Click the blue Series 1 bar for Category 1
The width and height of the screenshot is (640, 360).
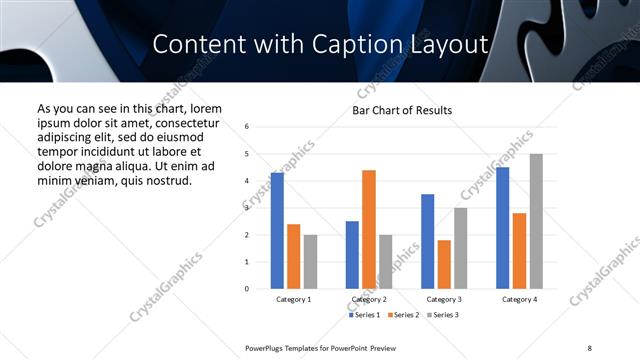pyautogui.click(x=277, y=231)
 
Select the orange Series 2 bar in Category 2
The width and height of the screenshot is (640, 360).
pyautogui.click(x=368, y=229)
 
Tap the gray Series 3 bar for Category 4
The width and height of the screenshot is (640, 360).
pyautogui.click(x=536, y=221)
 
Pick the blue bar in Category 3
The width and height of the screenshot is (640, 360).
pyautogui.click(x=427, y=241)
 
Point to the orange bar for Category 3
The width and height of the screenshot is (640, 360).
pyautogui.click(x=444, y=264)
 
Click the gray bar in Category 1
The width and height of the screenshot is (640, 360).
pyautogui.click(x=310, y=261)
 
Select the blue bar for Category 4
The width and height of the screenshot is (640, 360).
pyautogui.click(x=502, y=228)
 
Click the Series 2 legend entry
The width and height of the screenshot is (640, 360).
pyautogui.click(x=404, y=315)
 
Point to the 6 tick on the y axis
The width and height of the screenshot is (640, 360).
pyautogui.click(x=247, y=127)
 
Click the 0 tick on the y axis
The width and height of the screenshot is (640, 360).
pyautogui.click(x=247, y=289)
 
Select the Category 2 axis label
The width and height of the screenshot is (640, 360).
pyautogui.click(x=368, y=299)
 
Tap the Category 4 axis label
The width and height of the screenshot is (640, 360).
pyautogui.click(x=518, y=299)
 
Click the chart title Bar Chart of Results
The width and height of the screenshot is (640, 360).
pyautogui.click(x=402, y=110)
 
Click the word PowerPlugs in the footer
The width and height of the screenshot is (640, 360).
pyautogui.click(x=268, y=346)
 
